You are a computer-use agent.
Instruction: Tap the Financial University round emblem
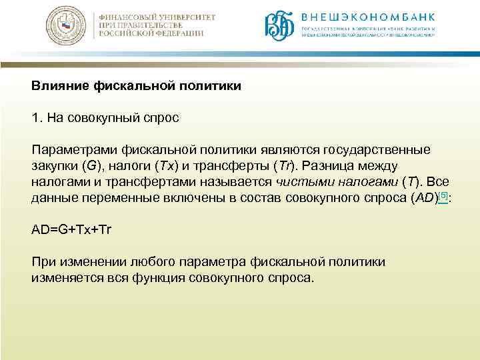(69, 27)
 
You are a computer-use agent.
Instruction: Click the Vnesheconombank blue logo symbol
(279, 27)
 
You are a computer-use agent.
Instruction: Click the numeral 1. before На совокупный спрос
(37, 118)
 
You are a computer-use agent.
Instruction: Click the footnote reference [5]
(443, 195)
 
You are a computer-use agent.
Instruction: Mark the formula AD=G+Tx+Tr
(72, 230)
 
